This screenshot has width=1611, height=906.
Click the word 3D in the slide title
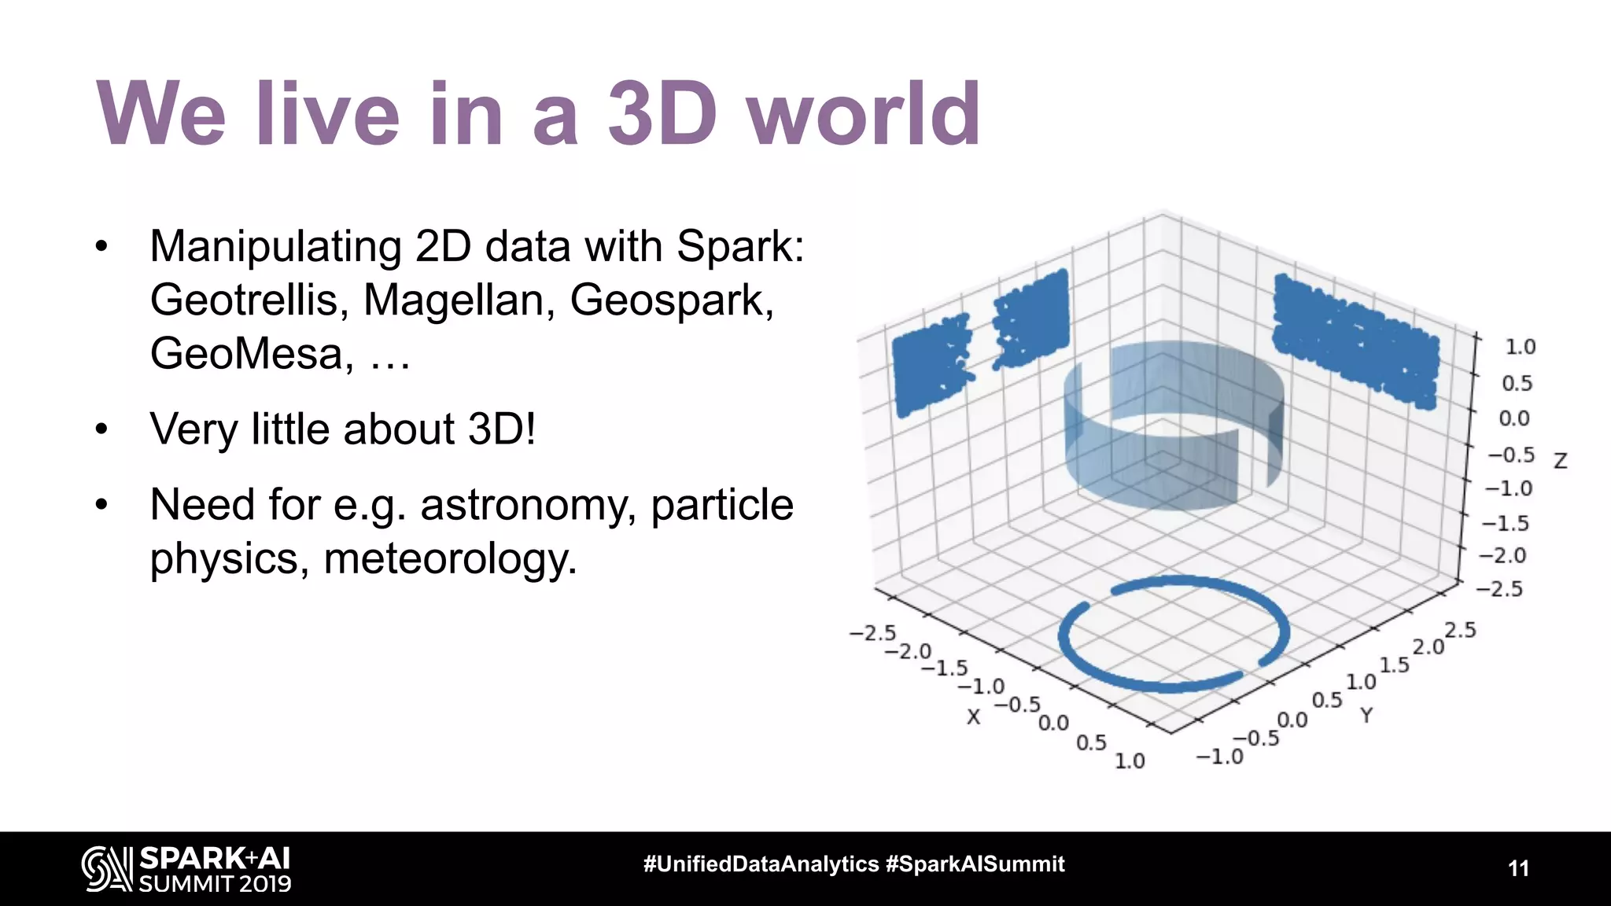tap(662, 115)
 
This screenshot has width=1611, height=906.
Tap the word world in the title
tap(864, 115)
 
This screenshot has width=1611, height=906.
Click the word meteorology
tap(450, 558)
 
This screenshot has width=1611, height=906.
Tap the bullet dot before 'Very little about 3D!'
tap(101, 429)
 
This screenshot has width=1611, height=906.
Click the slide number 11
tap(1518, 868)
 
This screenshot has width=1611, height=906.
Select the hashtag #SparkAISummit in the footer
tap(975, 864)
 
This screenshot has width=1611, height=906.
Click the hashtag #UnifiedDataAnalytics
tap(761, 864)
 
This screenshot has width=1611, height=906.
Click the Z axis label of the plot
tap(1561, 461)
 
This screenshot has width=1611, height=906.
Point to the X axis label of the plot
tap(974, 716)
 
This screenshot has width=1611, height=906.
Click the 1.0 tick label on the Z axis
tap(1520, 347)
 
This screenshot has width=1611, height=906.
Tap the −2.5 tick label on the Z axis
tap(1499, 589)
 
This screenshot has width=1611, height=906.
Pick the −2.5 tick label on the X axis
tap(872, 633)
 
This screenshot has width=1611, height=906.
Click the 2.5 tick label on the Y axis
tap(1460, 630)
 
